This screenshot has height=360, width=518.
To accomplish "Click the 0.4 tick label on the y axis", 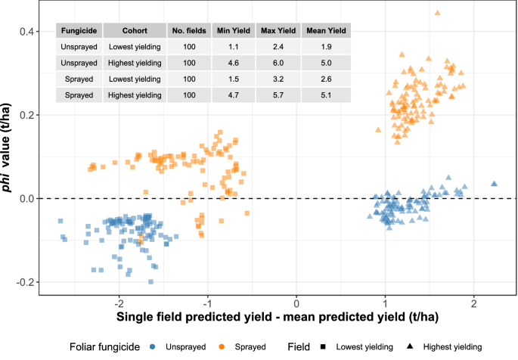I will [x=26, y=31].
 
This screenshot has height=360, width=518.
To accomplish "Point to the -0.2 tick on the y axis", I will [x=24, y=282].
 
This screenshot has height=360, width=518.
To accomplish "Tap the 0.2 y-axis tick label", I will [x=26, y=115].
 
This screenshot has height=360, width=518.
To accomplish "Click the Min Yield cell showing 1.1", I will [x=234, y=47].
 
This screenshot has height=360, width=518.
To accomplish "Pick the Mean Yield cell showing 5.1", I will [x=326, y=95].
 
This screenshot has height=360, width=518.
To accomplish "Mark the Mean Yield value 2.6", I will [x=326, y=79].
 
